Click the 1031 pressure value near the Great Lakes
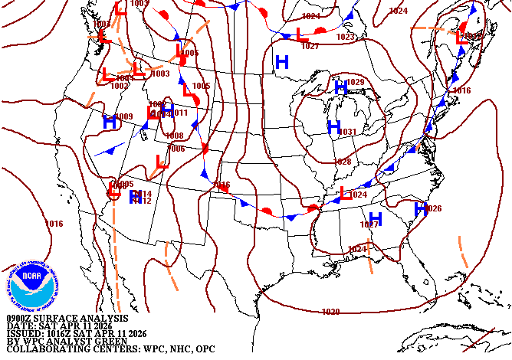point(347,133)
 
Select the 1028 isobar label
point(343,162)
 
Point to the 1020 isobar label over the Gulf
point(330,312)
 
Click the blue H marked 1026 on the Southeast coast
point(420,208)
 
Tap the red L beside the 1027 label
point(301,36)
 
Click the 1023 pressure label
point(345,37)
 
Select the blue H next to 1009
point(110,121)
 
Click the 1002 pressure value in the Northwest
point(119,86)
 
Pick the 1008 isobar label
point(174,136)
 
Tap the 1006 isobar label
point(176,149)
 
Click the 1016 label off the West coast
point(54,224)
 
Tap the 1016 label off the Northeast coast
point(461,90)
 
